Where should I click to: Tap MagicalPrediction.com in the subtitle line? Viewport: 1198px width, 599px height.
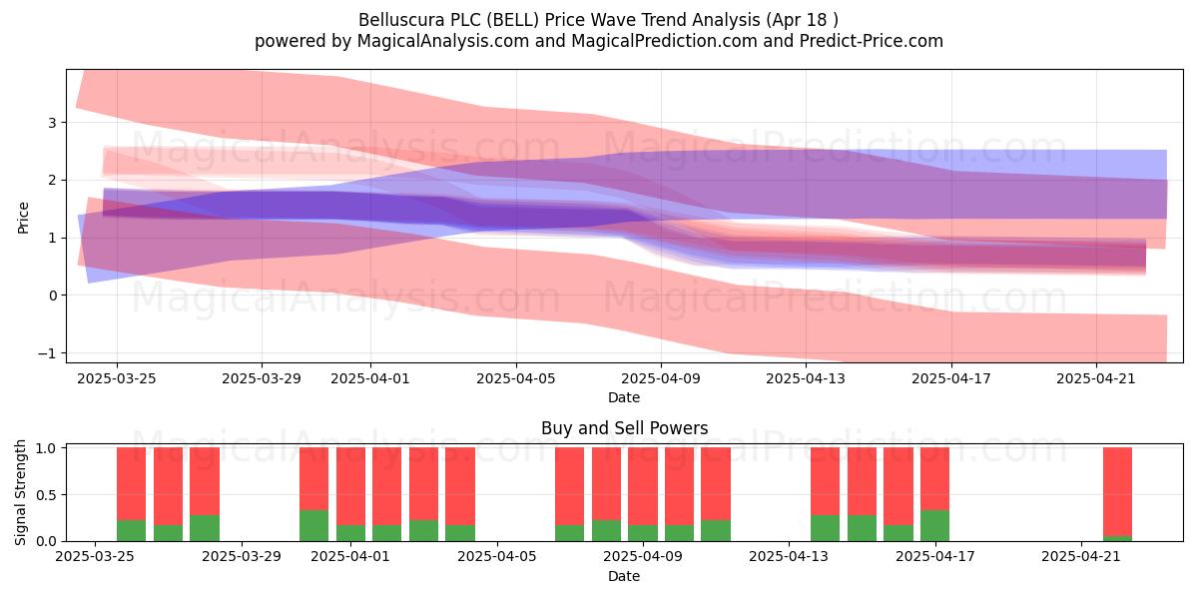point(664,41)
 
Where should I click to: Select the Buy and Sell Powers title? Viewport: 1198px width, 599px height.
point(624,428)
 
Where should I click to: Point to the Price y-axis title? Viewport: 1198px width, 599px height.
point(23,218)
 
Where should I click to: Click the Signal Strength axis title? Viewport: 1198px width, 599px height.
point(20,492)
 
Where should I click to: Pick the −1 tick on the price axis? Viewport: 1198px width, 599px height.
point(47,353)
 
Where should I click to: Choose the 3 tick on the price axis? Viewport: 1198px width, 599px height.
point(52,123)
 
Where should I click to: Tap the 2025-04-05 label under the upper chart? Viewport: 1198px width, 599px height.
point(516,378)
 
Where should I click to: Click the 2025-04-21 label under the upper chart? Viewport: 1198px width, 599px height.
point(1096,378)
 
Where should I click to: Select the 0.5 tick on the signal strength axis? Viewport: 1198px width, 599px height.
point(46,495)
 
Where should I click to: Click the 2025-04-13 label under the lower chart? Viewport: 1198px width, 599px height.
point(789,556)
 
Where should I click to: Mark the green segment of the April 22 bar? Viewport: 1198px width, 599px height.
point(1117,538)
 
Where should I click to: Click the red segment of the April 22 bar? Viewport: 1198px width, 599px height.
point(1117,491)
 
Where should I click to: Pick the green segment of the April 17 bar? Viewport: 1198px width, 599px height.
point(934,526)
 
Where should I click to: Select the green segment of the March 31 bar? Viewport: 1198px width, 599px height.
point(313,526)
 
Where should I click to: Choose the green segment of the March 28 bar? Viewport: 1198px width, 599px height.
point(205,528)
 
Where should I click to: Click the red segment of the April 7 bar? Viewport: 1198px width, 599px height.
point(570,486)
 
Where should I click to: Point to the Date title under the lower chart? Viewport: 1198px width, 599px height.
point(624,576)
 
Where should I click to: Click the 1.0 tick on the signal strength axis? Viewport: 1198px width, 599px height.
point(46,448)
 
